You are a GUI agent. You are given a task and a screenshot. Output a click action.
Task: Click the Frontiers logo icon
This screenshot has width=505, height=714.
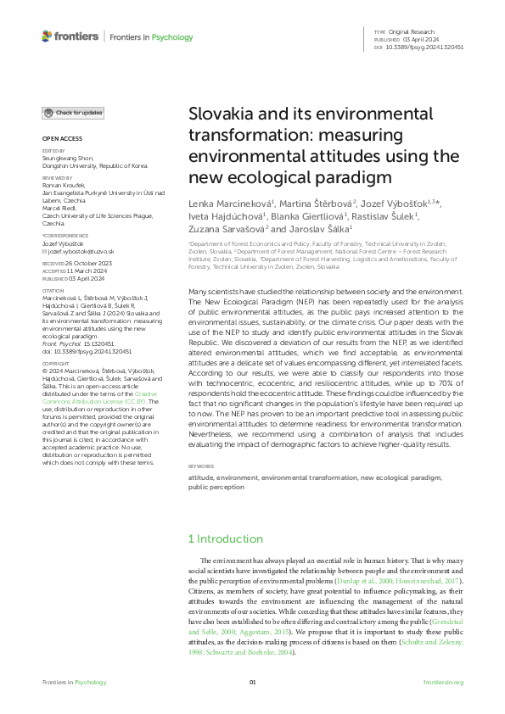(x=47, y=36)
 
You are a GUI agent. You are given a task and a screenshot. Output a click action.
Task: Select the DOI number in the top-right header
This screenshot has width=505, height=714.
(x=425, y=47)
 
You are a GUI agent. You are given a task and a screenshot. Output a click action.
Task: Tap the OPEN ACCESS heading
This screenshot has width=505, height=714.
(x=61, y=138)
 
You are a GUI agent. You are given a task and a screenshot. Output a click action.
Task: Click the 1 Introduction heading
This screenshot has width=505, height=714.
(x=225, y=538)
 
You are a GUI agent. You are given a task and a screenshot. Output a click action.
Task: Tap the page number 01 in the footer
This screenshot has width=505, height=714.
(x=252, y=683)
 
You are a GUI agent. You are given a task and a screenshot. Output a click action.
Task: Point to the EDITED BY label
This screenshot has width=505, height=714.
(x=53, y=150)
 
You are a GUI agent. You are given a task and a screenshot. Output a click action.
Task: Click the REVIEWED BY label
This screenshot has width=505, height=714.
(x=56, y=179)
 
